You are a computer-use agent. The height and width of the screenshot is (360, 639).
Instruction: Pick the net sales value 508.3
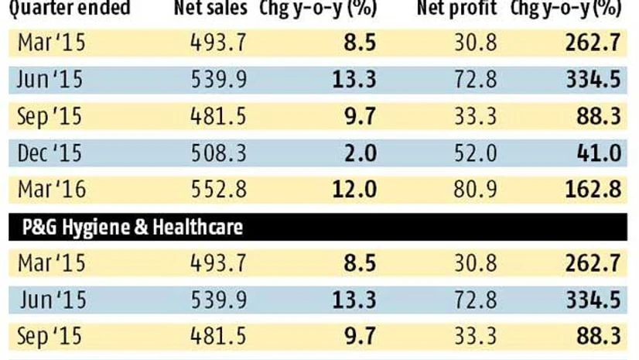[x=218, y=153]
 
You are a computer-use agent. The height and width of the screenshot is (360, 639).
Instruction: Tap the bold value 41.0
[x=601, y=153]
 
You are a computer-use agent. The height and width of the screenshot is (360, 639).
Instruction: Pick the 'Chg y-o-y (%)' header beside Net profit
[x=566, y=10]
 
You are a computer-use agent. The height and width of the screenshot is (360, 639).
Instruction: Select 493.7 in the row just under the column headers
[x=218, y=43]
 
